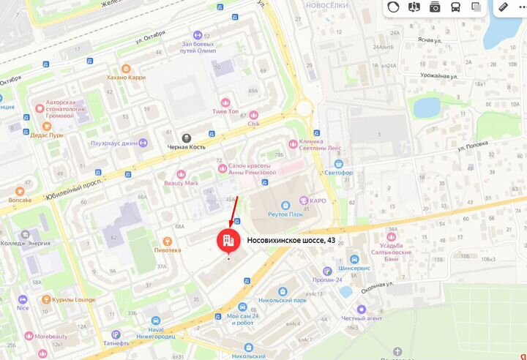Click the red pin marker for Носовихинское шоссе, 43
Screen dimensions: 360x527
pyautogui.click(x=227, y=239)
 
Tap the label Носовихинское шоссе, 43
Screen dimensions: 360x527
pyautogui.click(x=291, y=239)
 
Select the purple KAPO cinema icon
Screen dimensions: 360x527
pyautogui.click(x=305, y=199)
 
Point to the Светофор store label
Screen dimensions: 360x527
pyautogui.click(x=340, y=173)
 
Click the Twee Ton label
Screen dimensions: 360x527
pyautogui.click(x=225, y=111)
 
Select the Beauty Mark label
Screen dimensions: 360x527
pyautogui.click(x=181, y=183)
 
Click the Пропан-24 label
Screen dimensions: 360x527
pyautogui.click(x=324, y=280)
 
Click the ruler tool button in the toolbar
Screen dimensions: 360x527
pyautogui.click(x=504, y=7)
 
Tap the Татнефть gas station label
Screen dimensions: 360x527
pyautogui.click(x=116, y=342)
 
